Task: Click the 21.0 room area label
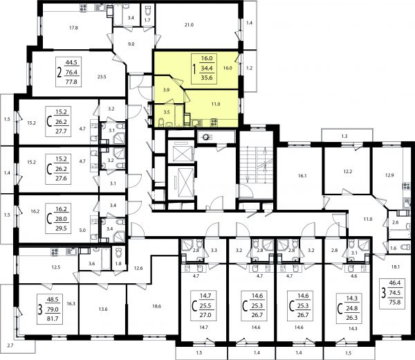(189, 25)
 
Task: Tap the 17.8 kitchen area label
(73, 28)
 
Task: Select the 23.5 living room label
(102, 77)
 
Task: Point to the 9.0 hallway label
(131, 44)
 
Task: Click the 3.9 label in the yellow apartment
(166, 90)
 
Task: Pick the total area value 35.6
(207, 78)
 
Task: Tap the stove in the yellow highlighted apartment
(214, 123)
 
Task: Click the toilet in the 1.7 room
(148, 10)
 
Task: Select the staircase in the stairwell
(257, 164)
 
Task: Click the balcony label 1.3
(344, 136)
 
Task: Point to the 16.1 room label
(302, 176)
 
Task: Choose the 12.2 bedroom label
(348, 172)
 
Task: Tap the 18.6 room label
(157, 306)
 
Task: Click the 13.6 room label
(103, 309)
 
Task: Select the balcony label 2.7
(10, 345)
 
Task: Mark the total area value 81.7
(53, 319)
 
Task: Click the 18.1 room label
(396, 267)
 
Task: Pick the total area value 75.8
(395, 303)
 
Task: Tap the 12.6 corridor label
(138, 268)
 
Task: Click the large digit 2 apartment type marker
(59, 72)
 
